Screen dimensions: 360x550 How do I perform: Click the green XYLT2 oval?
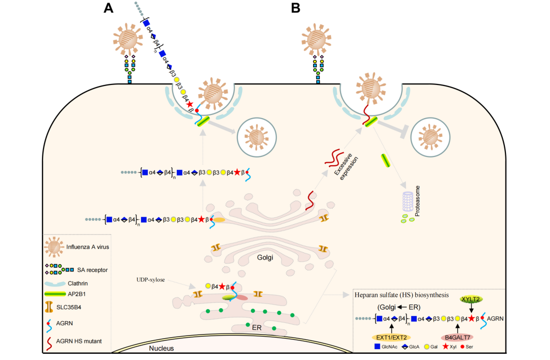click(471, 299)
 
